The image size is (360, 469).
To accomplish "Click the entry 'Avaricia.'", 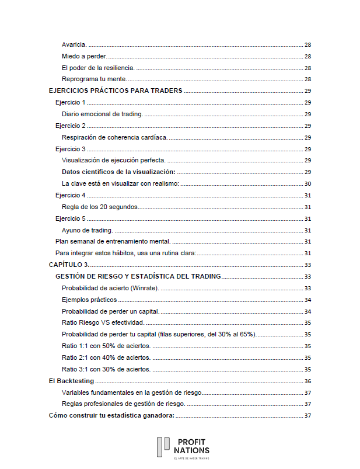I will pyautogui.click(x=74, y=44).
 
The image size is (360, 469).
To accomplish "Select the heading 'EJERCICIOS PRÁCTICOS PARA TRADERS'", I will pyautogui.click(x=116, y=91).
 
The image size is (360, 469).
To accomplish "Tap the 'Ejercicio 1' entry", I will pyautogui.click(x=70, y=102).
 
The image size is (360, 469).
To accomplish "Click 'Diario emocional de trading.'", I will pyautogui.click(x=102, y=114).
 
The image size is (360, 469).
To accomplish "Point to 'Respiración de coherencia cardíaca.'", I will pyautogui.click(x=114, y=137).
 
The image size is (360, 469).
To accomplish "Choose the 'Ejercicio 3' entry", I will pyautogui.click(x=70, y=149).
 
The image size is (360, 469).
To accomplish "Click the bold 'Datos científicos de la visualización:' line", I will pyautogui.click(x=118, y=172).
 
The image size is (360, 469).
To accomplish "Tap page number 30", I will pyautogui.click(x=307, y=183).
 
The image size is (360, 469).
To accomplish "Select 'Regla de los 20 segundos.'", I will pyautogui.click(x=99, y=207).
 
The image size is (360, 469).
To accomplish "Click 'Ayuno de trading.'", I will pyautogui.click(x=87, y=230).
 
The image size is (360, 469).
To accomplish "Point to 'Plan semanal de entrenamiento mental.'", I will pyautogui.click(x=113, y=241).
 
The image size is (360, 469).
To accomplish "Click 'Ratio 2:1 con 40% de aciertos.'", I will pyautogui.click(x=106, y=357).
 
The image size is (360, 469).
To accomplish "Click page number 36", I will pyautogui.click(x=307, y=381).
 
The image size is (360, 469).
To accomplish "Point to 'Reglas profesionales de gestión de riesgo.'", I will pyautogui.click(x=123, y=404).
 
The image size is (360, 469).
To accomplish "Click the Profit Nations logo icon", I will pyautogui.click(x=163, y=447).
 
